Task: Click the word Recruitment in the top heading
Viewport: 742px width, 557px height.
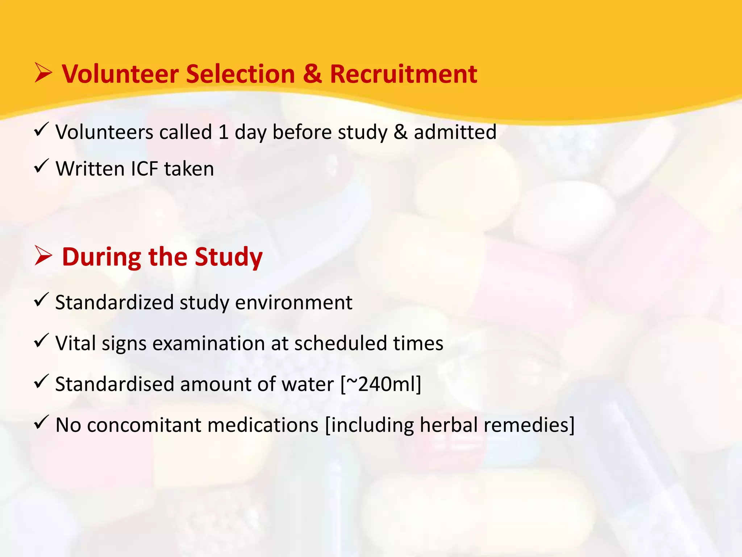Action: pos(403,74)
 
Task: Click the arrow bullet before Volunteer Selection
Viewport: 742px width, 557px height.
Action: pos(43,73)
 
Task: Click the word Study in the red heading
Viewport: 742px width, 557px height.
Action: pos(229,257)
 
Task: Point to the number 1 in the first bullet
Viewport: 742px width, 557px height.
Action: pos(224,132)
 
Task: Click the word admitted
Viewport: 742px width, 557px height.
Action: pos(455,132)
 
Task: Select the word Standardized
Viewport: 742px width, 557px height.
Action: pos(114,302)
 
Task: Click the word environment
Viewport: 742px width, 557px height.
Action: pos(293,302)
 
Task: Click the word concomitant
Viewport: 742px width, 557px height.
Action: pos(145,425)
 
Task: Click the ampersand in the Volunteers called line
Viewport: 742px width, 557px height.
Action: pos(400,132)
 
